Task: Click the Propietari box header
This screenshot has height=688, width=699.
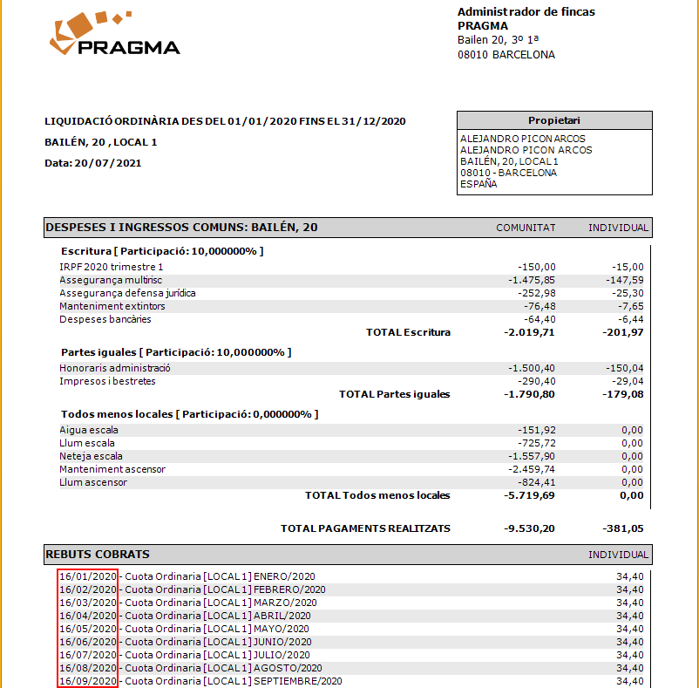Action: click(553, 120)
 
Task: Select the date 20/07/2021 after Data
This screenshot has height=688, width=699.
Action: click(108, 163)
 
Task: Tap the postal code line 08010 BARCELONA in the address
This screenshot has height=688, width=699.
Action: click(506, 54)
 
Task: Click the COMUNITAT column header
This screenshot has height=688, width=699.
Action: click(526, 228)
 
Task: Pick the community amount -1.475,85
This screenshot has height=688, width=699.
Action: click(531, 280)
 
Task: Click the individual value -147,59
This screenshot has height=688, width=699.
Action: click(626, 280)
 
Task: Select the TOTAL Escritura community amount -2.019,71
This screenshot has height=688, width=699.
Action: click(529, 332)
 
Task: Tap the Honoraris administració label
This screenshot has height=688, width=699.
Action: click(115, 368)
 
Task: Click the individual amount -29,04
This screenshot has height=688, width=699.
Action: click(628, 381)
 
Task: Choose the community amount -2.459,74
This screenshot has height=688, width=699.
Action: click(531, 469)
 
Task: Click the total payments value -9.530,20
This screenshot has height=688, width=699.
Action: click(529, 528)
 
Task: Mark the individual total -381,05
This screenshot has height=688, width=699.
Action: click(623, 528)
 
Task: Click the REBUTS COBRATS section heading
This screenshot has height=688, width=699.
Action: click(98, 555)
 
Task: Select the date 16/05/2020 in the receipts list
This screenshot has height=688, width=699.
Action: click(87, 629)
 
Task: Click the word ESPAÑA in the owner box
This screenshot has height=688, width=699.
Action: click(478, 184)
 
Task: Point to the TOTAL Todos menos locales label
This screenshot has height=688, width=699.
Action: click(377, 495)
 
